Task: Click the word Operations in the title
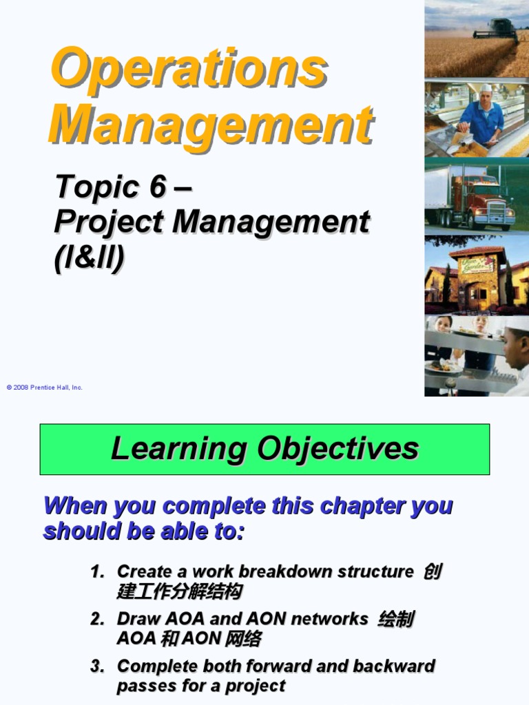click(x=189, y=68)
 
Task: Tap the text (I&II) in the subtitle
click(x=90, y=257)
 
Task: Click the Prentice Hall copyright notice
click(x=45, y=388)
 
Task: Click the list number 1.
click(x=96, y=571)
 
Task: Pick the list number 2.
click(x=96, y=619)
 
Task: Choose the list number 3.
click(x=96, y=666)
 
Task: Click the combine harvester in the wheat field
click(x=495, y=29)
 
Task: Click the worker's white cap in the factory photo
click(x=486, y=87)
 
